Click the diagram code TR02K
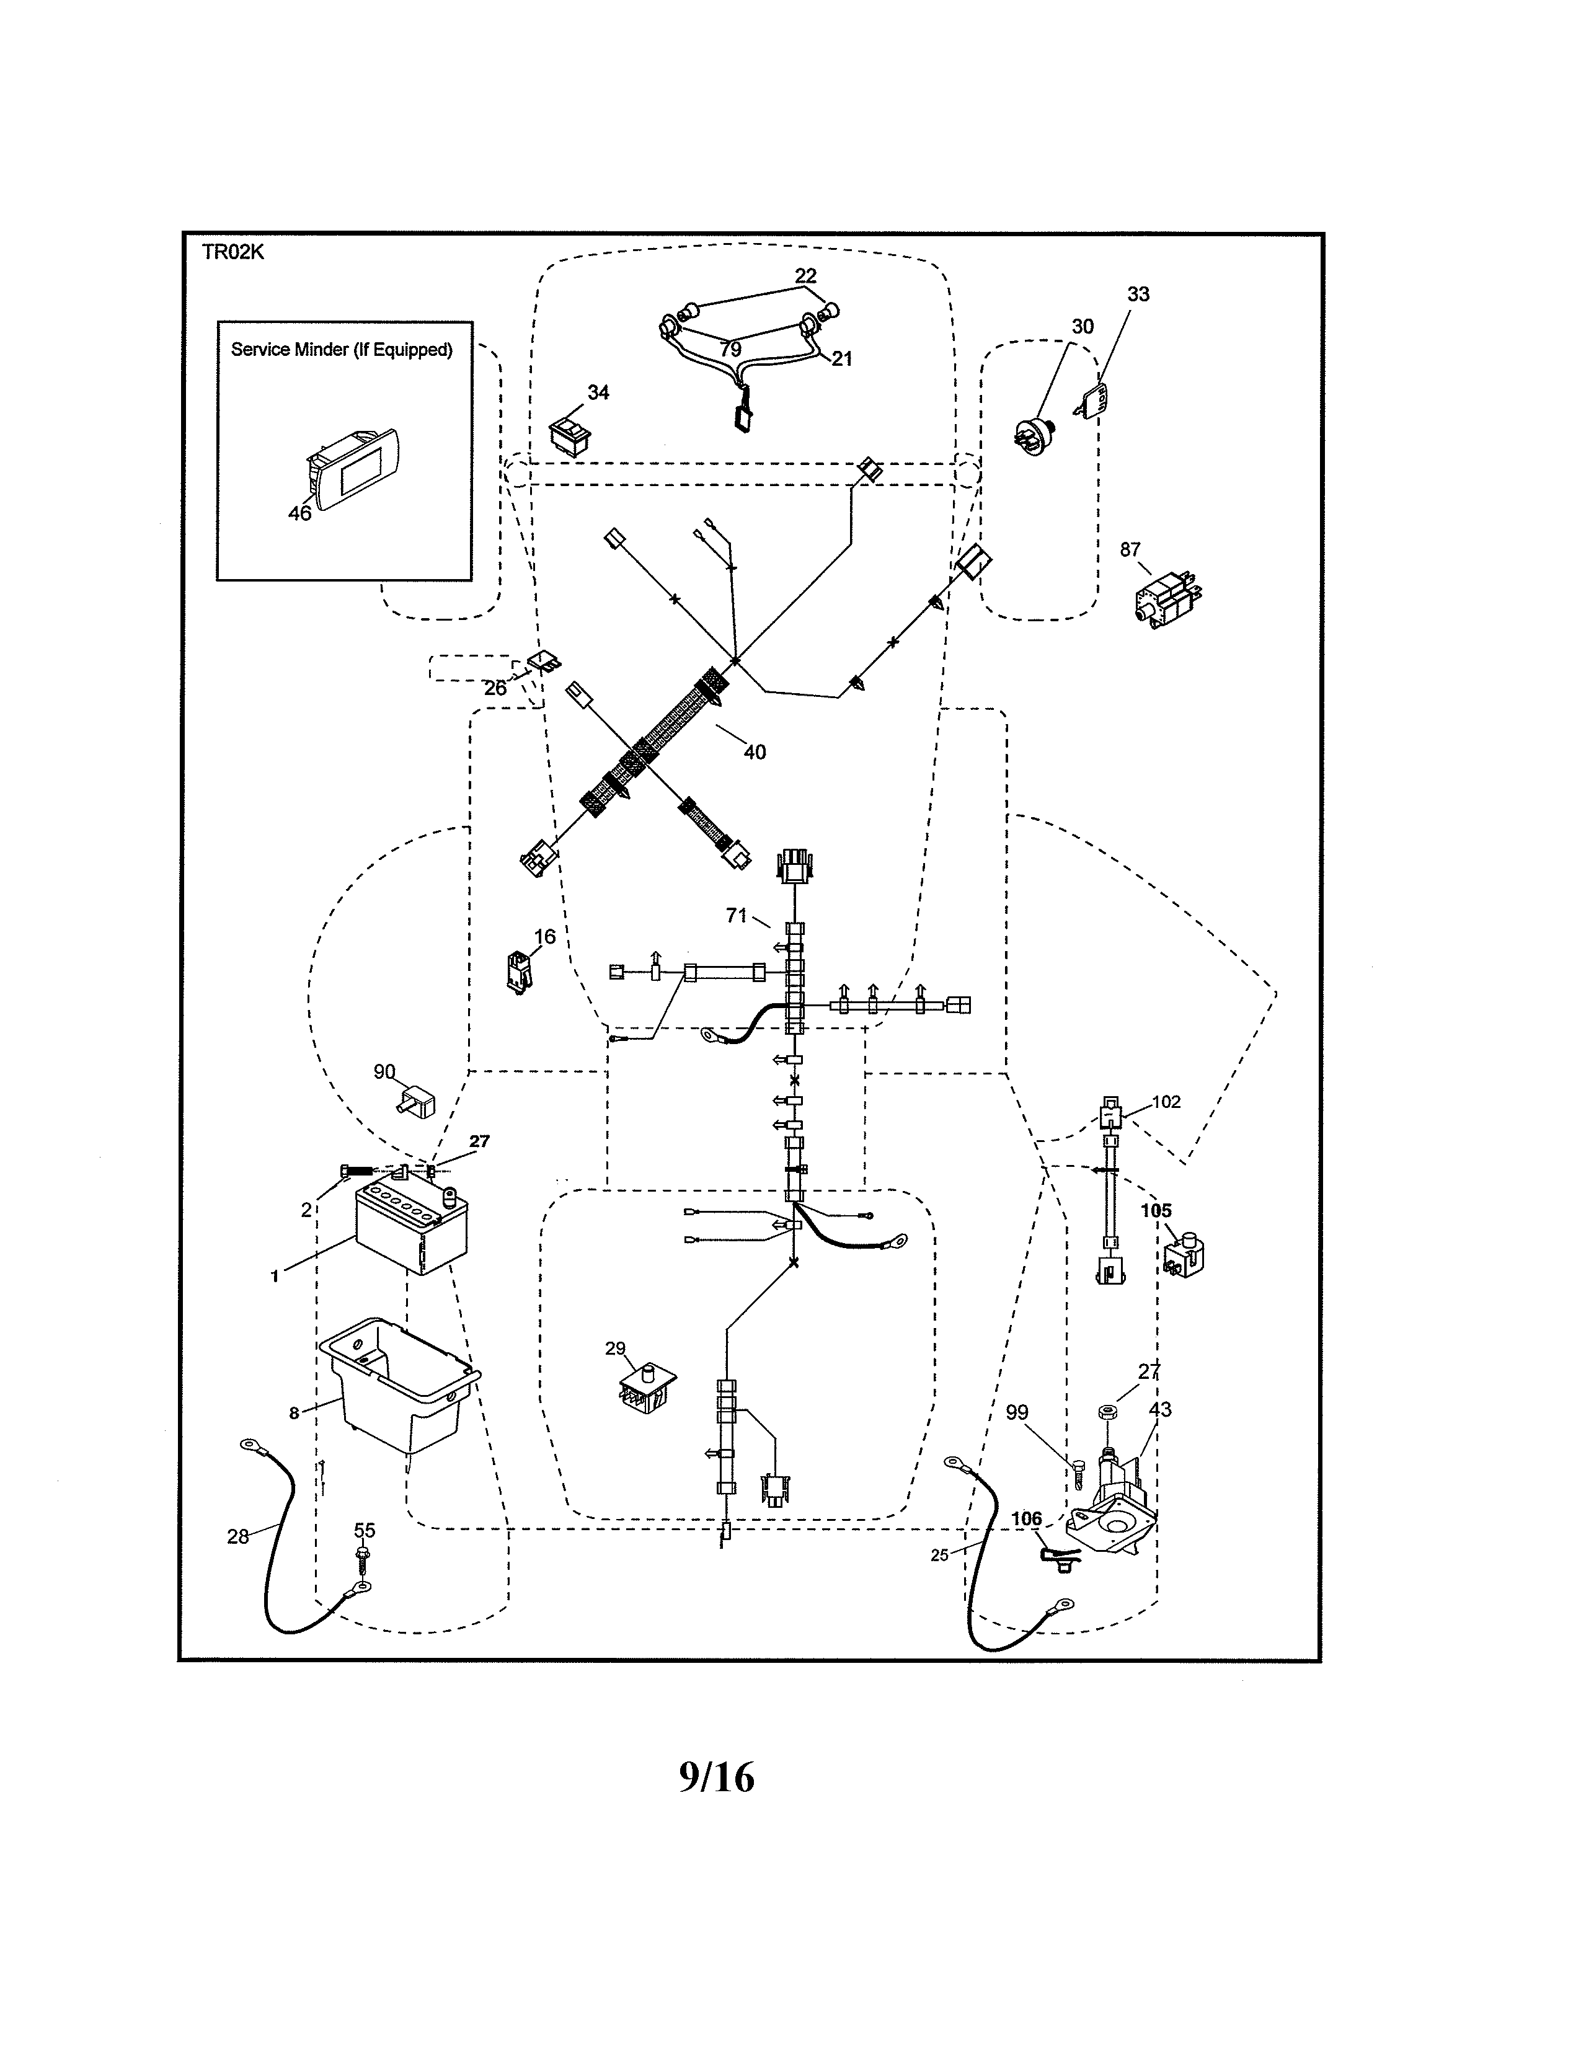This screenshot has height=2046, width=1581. click(233, 252)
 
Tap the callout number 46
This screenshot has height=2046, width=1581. click(299, 513)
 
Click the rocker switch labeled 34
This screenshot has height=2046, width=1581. click(569, 436)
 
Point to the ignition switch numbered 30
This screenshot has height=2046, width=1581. click(1034, 433)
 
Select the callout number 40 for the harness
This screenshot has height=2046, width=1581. click(754, 752)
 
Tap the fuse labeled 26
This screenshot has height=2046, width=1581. click(545, 662)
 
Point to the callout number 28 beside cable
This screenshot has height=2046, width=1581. click(238, 1536)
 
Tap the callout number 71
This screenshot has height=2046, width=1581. click(736, 915)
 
